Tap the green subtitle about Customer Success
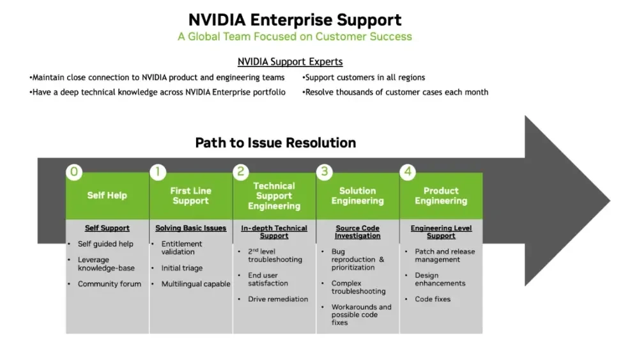[295, 36]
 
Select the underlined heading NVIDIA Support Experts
[290, 62]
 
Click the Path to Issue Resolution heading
[275, 142]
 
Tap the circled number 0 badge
[75, 171]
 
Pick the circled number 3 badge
[325, 171]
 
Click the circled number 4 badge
[408, 171]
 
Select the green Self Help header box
[107, 196]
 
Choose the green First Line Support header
[190, 196]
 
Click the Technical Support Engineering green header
[274, 196]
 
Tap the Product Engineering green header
[441, 196]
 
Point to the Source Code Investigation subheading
[357, 231]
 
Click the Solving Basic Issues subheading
[190, 228]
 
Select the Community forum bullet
[109, 284]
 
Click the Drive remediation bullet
[278, 299]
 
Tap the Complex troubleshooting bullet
[358, 287]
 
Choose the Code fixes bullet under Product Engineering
[433, 299]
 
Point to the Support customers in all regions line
[365, 77]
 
